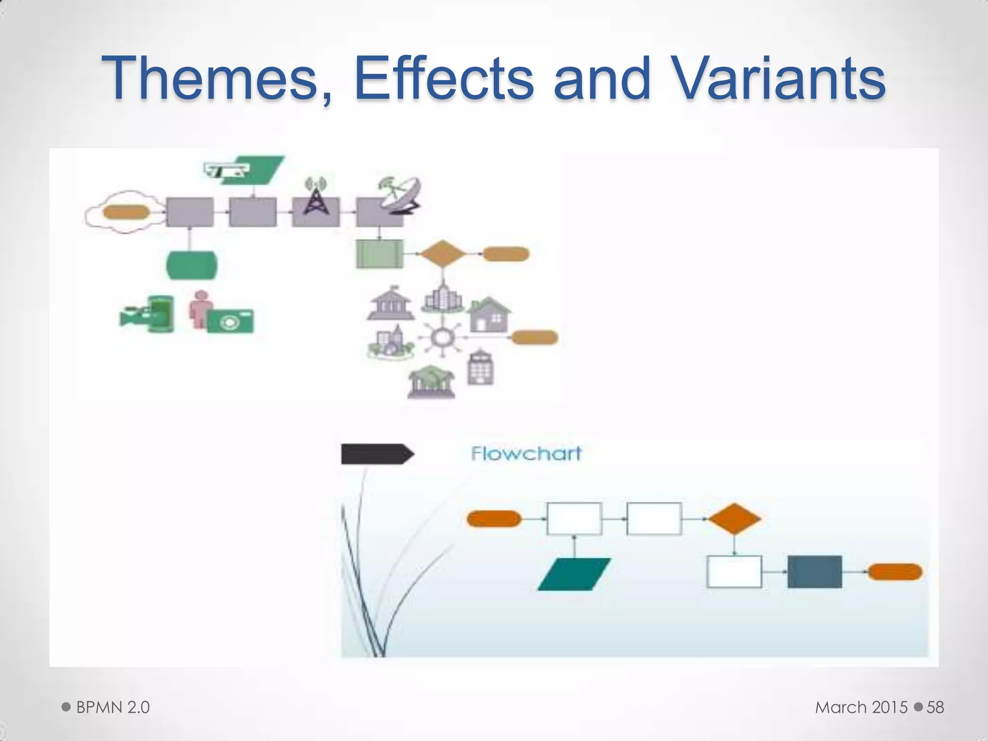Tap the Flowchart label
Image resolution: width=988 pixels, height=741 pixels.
526,453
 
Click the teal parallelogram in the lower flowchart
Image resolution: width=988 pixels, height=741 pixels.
574,574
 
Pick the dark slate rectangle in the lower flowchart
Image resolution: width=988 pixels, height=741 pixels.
814,572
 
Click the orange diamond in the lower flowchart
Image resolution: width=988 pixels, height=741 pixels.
734,519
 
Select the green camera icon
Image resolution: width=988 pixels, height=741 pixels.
230,320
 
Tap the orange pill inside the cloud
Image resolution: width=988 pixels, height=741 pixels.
126,212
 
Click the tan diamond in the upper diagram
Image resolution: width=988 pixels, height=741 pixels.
443,254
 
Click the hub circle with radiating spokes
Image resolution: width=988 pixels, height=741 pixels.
440,337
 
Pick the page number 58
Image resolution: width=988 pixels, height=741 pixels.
935,707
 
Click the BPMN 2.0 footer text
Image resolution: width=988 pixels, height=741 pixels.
113,707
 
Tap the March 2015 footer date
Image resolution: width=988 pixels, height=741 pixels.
861,707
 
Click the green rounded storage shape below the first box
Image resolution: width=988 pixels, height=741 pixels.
192,265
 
